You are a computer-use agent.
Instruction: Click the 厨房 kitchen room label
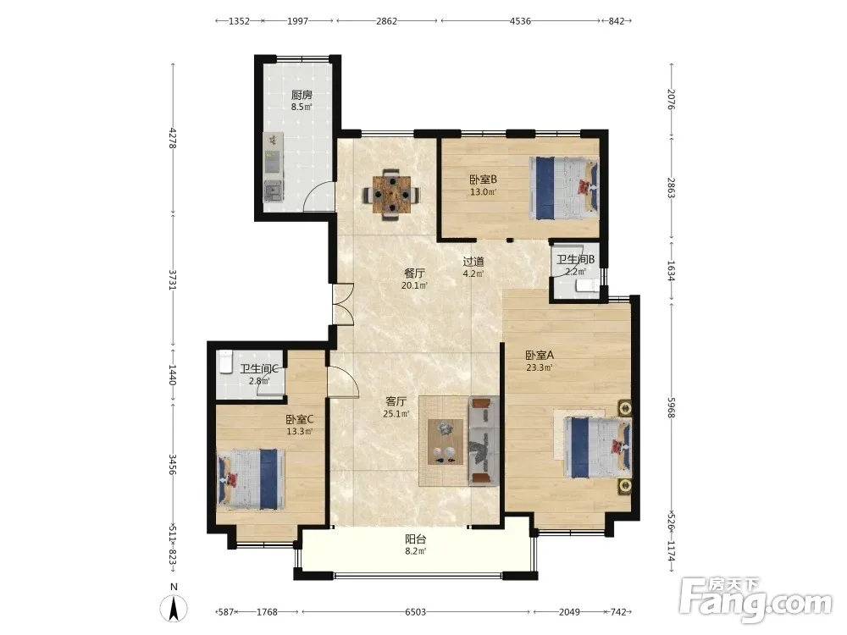point(302,95)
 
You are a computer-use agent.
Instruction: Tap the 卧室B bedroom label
point(483,179)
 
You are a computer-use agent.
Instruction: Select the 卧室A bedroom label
point(540,356)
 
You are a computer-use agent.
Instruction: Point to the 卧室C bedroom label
point(300,419)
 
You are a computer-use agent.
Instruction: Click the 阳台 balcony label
point(416,538)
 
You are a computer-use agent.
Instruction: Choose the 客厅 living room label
point(396,401)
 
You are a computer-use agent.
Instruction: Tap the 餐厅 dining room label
point(414,273)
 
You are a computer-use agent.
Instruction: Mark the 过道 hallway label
point(473,262)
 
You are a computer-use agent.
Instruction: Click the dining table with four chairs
point(391,195)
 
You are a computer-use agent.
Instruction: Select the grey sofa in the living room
point(484,441)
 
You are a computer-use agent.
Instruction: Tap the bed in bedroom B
point(564,187)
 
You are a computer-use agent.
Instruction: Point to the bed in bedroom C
point(251,479)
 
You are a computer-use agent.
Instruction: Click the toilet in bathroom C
point(224,362)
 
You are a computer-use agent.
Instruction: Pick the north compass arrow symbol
point(174,609)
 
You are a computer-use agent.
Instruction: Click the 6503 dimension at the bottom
point(415,612)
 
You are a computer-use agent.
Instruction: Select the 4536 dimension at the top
point(520,21)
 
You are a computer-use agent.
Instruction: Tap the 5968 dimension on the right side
point(672,407)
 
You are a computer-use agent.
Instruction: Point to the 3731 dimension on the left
point(172,279)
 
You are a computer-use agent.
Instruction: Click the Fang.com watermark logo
point(756,599)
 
